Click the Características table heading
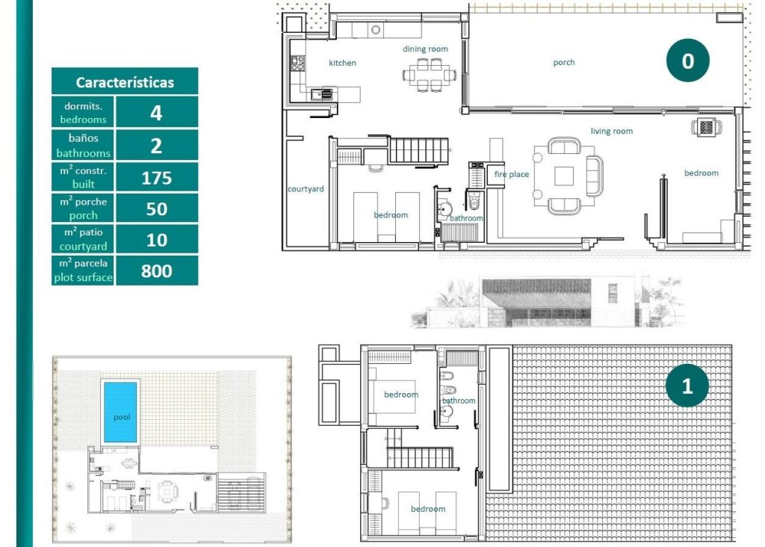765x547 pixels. [125, 81]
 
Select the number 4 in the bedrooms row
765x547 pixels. [156, 113]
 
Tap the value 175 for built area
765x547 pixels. [156, 178]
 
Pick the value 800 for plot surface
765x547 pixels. [156, 271]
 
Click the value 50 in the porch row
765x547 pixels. [156, 208]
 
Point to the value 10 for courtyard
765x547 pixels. [156, 240]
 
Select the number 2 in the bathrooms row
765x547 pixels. [156, 145]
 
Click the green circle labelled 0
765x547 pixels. [687, 61]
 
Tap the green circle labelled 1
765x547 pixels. [687, 386]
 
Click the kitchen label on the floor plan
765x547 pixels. [342, 63]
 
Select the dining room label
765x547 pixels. [426, 49]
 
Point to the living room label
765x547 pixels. [612, 132]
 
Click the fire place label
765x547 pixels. [512, 175]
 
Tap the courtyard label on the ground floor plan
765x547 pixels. [306, 189]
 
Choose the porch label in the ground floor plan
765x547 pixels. [564, 63]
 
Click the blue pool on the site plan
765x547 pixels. [121, 412]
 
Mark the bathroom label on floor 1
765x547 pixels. [459, 401]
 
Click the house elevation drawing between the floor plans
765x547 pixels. [545, 303]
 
